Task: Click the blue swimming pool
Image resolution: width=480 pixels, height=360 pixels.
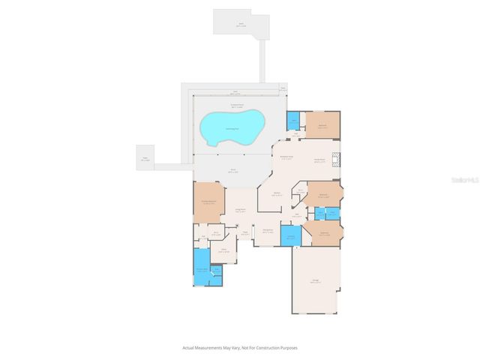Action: pyautogui.click(x=232, y=126)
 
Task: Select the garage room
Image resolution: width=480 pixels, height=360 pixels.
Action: pyautogui.click(x=316, y=281)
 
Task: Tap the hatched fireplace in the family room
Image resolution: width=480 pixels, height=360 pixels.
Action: pyautogui.click(x=337, y=159)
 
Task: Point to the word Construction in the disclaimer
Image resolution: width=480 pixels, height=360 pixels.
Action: pyautogui.click(x=267, y=348)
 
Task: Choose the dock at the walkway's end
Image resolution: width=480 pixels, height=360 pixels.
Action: pyautogui.click(x=239, y=22)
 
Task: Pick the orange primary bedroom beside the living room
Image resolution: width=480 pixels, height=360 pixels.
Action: pyautogui.click(x=209, y=202)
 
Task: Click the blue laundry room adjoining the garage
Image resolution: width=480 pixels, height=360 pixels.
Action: pyautogui.click(x=289, y=237)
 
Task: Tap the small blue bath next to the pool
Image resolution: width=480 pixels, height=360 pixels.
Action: pyautogui.click(x=293, y=120)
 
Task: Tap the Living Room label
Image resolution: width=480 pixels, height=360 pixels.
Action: pyautogui.click(x=241, y=210)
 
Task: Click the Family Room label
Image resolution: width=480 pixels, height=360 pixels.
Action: pyautogui.click(x=318, y=160)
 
